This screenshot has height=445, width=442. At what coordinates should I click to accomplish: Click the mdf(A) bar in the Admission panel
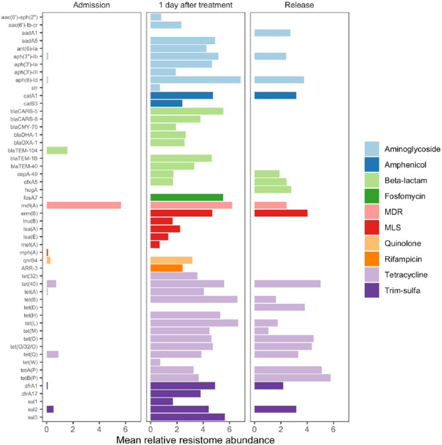point(83,205)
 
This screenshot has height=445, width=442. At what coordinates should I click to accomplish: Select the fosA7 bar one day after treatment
point(186,197)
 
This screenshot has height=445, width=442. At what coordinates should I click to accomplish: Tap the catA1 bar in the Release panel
point(275,95)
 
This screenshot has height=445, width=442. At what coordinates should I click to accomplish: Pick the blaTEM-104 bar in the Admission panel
point(57,151)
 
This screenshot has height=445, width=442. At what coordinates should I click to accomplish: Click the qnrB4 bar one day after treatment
point(171,242)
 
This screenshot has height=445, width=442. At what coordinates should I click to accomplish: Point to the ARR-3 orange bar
point(166,250)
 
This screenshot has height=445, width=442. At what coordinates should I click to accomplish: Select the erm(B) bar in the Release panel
point(281,213)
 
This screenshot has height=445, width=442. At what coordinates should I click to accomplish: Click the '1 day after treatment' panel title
point(195,5)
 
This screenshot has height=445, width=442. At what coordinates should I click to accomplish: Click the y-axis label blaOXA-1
point(28,143)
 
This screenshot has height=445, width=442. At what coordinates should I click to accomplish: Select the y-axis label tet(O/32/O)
point(24,347)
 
